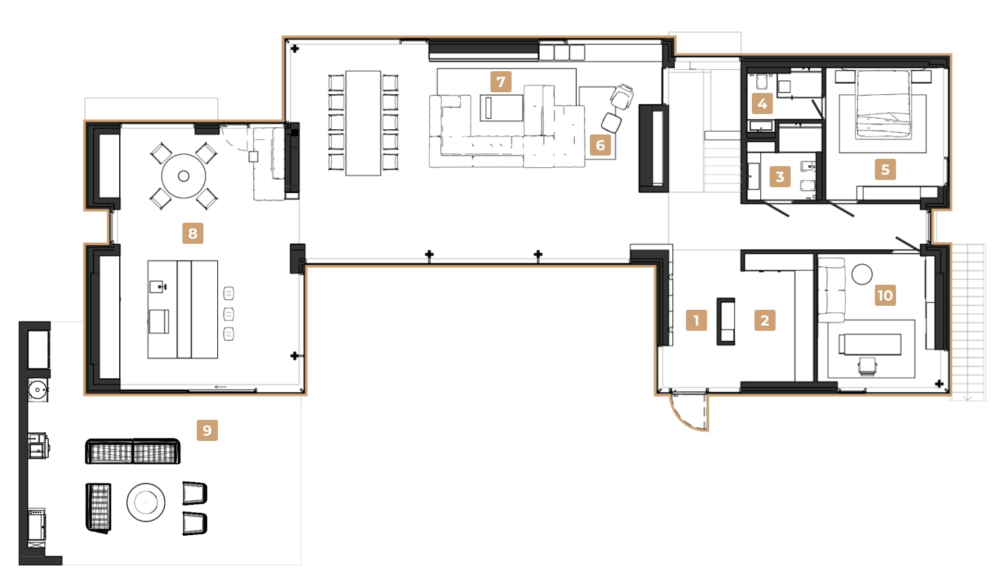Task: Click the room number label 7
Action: tap(500, 82)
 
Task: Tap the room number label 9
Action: tap(207, 430)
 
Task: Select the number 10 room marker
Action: tap(885, 295)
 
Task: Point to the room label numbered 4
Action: tap(762, 103)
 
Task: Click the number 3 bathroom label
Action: tap(779, 177)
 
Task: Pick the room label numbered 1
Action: tap(696, 320)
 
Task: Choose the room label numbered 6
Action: tap(600, 145)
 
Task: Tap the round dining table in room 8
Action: tap(184, 176)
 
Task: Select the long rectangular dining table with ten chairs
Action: tap(363, 123)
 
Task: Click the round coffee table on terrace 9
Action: tap(145, 502)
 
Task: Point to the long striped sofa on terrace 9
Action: tap(132, 451)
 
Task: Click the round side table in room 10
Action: tap(861, 274)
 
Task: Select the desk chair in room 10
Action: tap(868, 366)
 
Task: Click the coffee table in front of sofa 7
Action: tap(502, 108)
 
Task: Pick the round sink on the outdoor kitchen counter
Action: tap(38, 390)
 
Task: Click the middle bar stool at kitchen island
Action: tap(228, 314)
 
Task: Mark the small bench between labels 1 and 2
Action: tap(725, 321)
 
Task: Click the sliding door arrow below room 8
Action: tap(221, 387)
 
